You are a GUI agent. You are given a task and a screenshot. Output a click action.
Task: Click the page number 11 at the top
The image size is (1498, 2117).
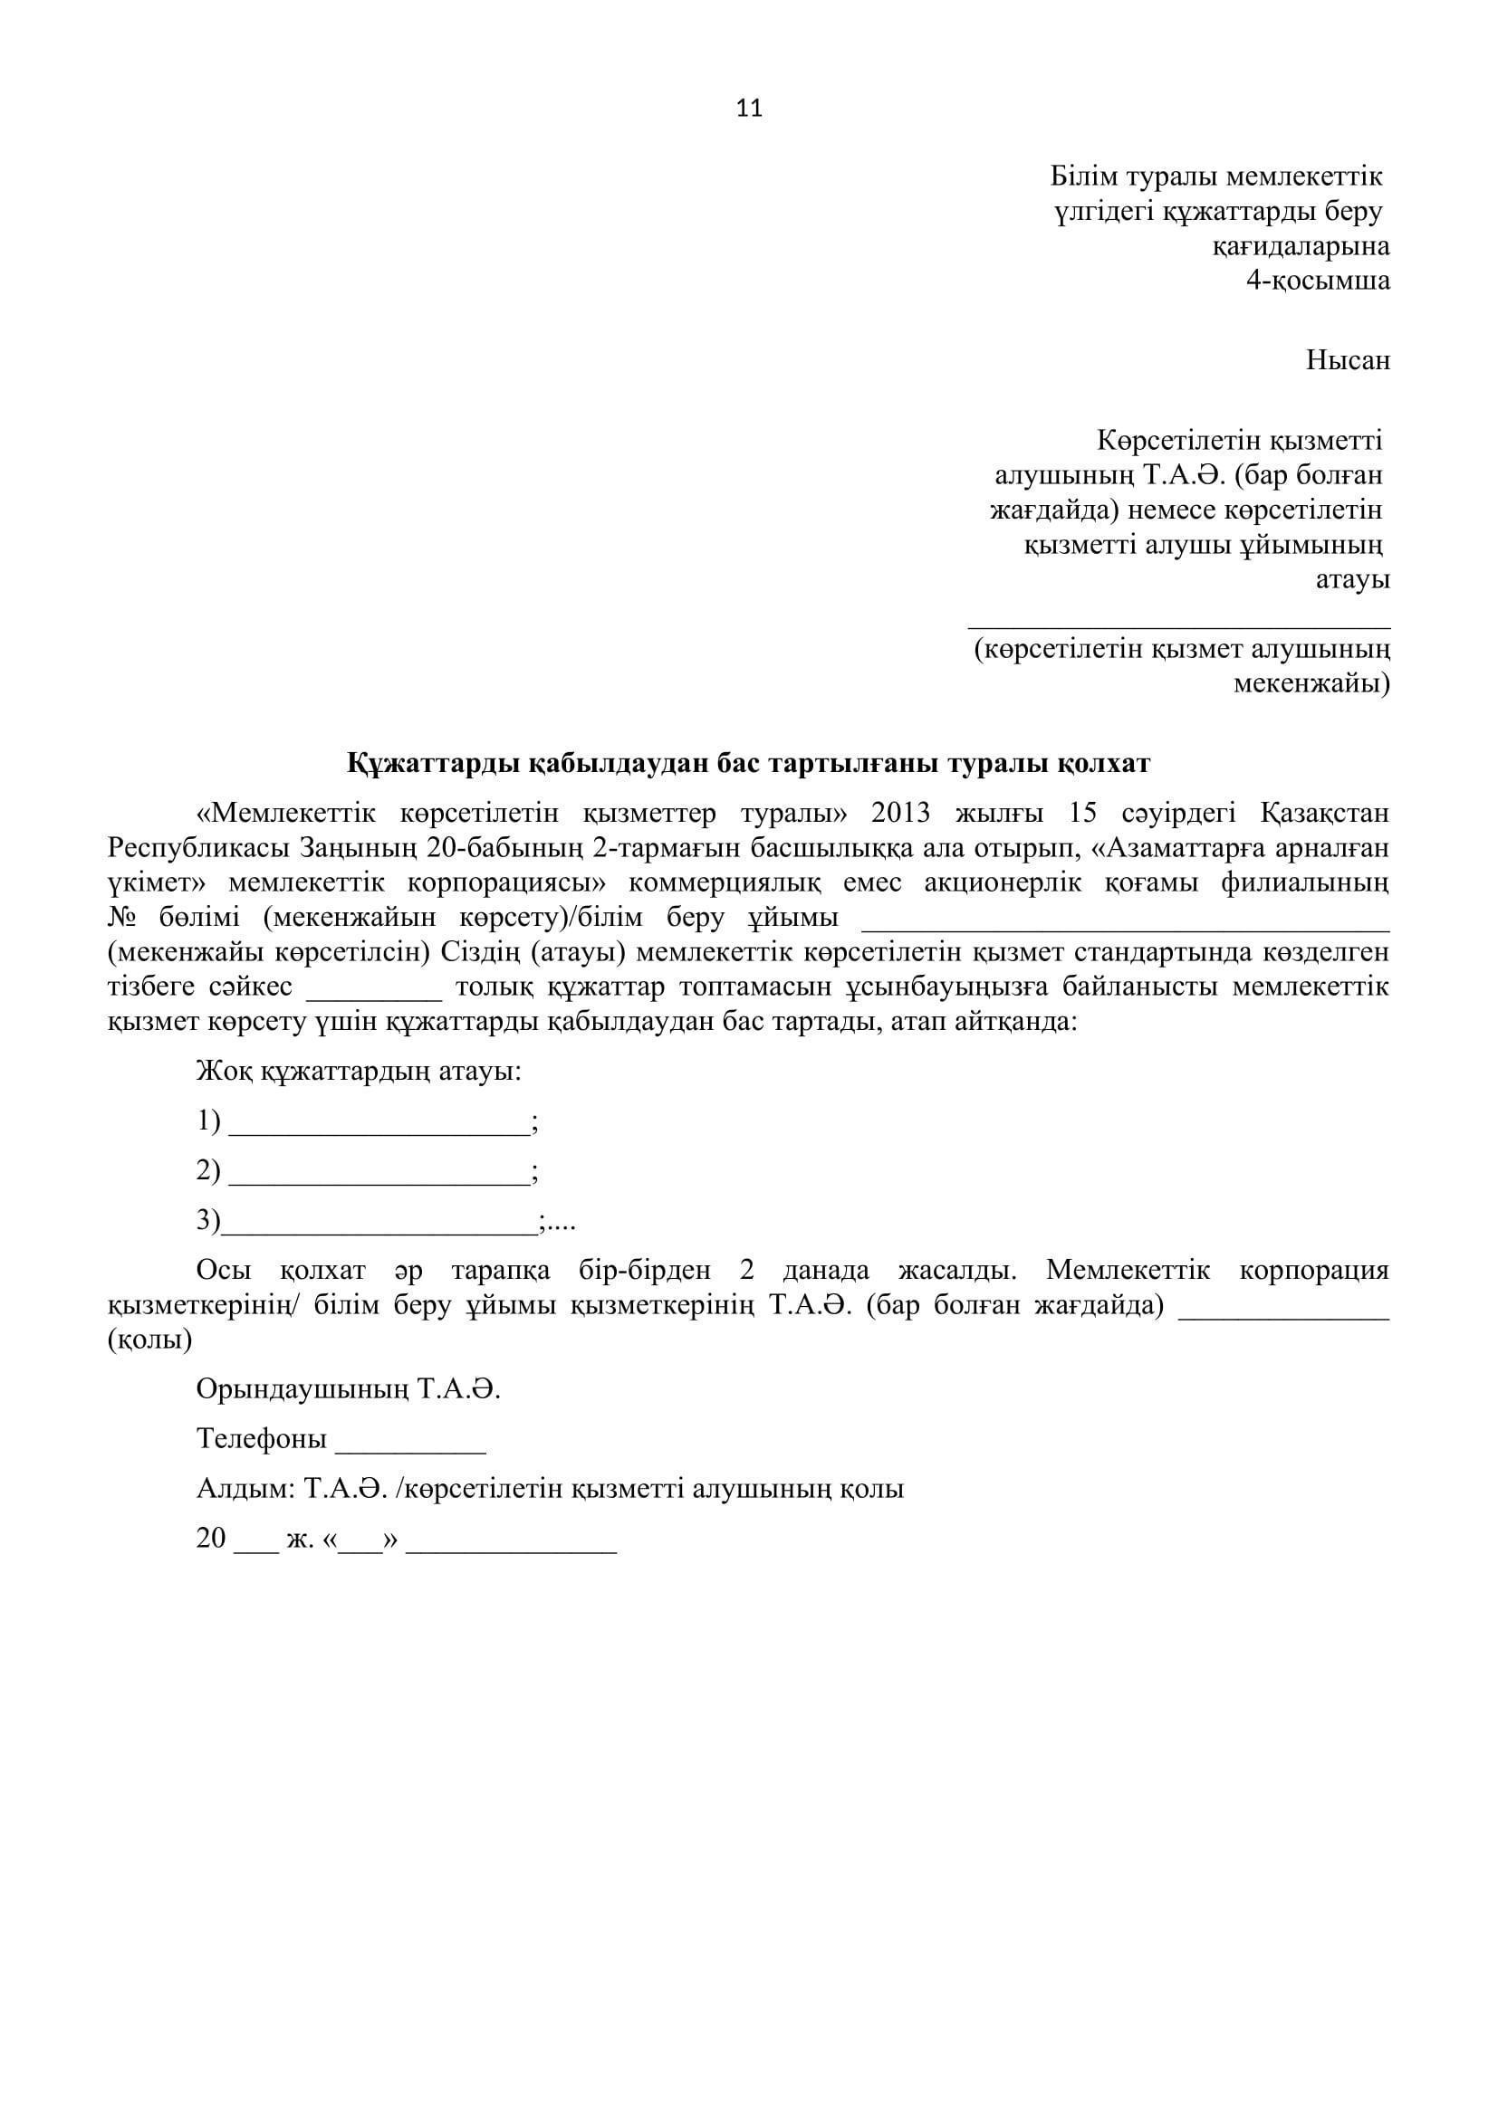(x=749, y=109)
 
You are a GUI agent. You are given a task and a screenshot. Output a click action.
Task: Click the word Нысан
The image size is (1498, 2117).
(x=1347, y=360)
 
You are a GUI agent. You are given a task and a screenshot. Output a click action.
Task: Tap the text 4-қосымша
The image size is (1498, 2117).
(x=1317, y=281)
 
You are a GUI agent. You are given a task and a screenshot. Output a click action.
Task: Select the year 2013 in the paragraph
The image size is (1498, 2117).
(x=901, y=815)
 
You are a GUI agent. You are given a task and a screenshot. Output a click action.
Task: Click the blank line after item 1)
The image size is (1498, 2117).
(x=379, y=1123)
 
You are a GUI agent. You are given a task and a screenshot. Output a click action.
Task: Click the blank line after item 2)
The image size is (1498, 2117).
(x=379, y=1173)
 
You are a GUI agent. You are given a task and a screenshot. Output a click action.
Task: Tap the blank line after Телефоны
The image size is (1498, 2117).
(x=410, y=1440)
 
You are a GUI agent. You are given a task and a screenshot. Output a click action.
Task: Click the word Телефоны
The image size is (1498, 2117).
(x=261, y=1439)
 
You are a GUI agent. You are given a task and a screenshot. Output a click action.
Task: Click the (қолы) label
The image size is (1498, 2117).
(x=149, y=1340)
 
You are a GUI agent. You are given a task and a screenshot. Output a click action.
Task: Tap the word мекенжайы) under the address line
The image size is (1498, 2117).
(x=1311, y=684)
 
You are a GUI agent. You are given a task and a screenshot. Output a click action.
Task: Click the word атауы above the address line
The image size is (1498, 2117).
(x=1351, y=580)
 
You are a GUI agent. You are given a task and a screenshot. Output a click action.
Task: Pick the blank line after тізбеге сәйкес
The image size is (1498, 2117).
(x=375, y=987)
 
